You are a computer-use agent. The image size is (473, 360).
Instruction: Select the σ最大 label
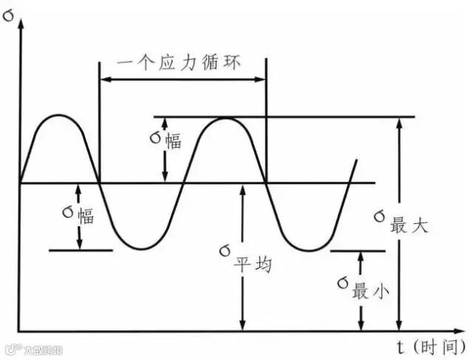(400, 221)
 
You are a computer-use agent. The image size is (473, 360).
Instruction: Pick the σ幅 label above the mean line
(163, 140)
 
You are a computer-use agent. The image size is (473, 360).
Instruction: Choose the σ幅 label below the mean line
(78, 215)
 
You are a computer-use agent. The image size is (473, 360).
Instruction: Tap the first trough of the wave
(143, 248)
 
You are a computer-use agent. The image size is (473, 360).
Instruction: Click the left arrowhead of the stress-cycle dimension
(104, 77)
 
